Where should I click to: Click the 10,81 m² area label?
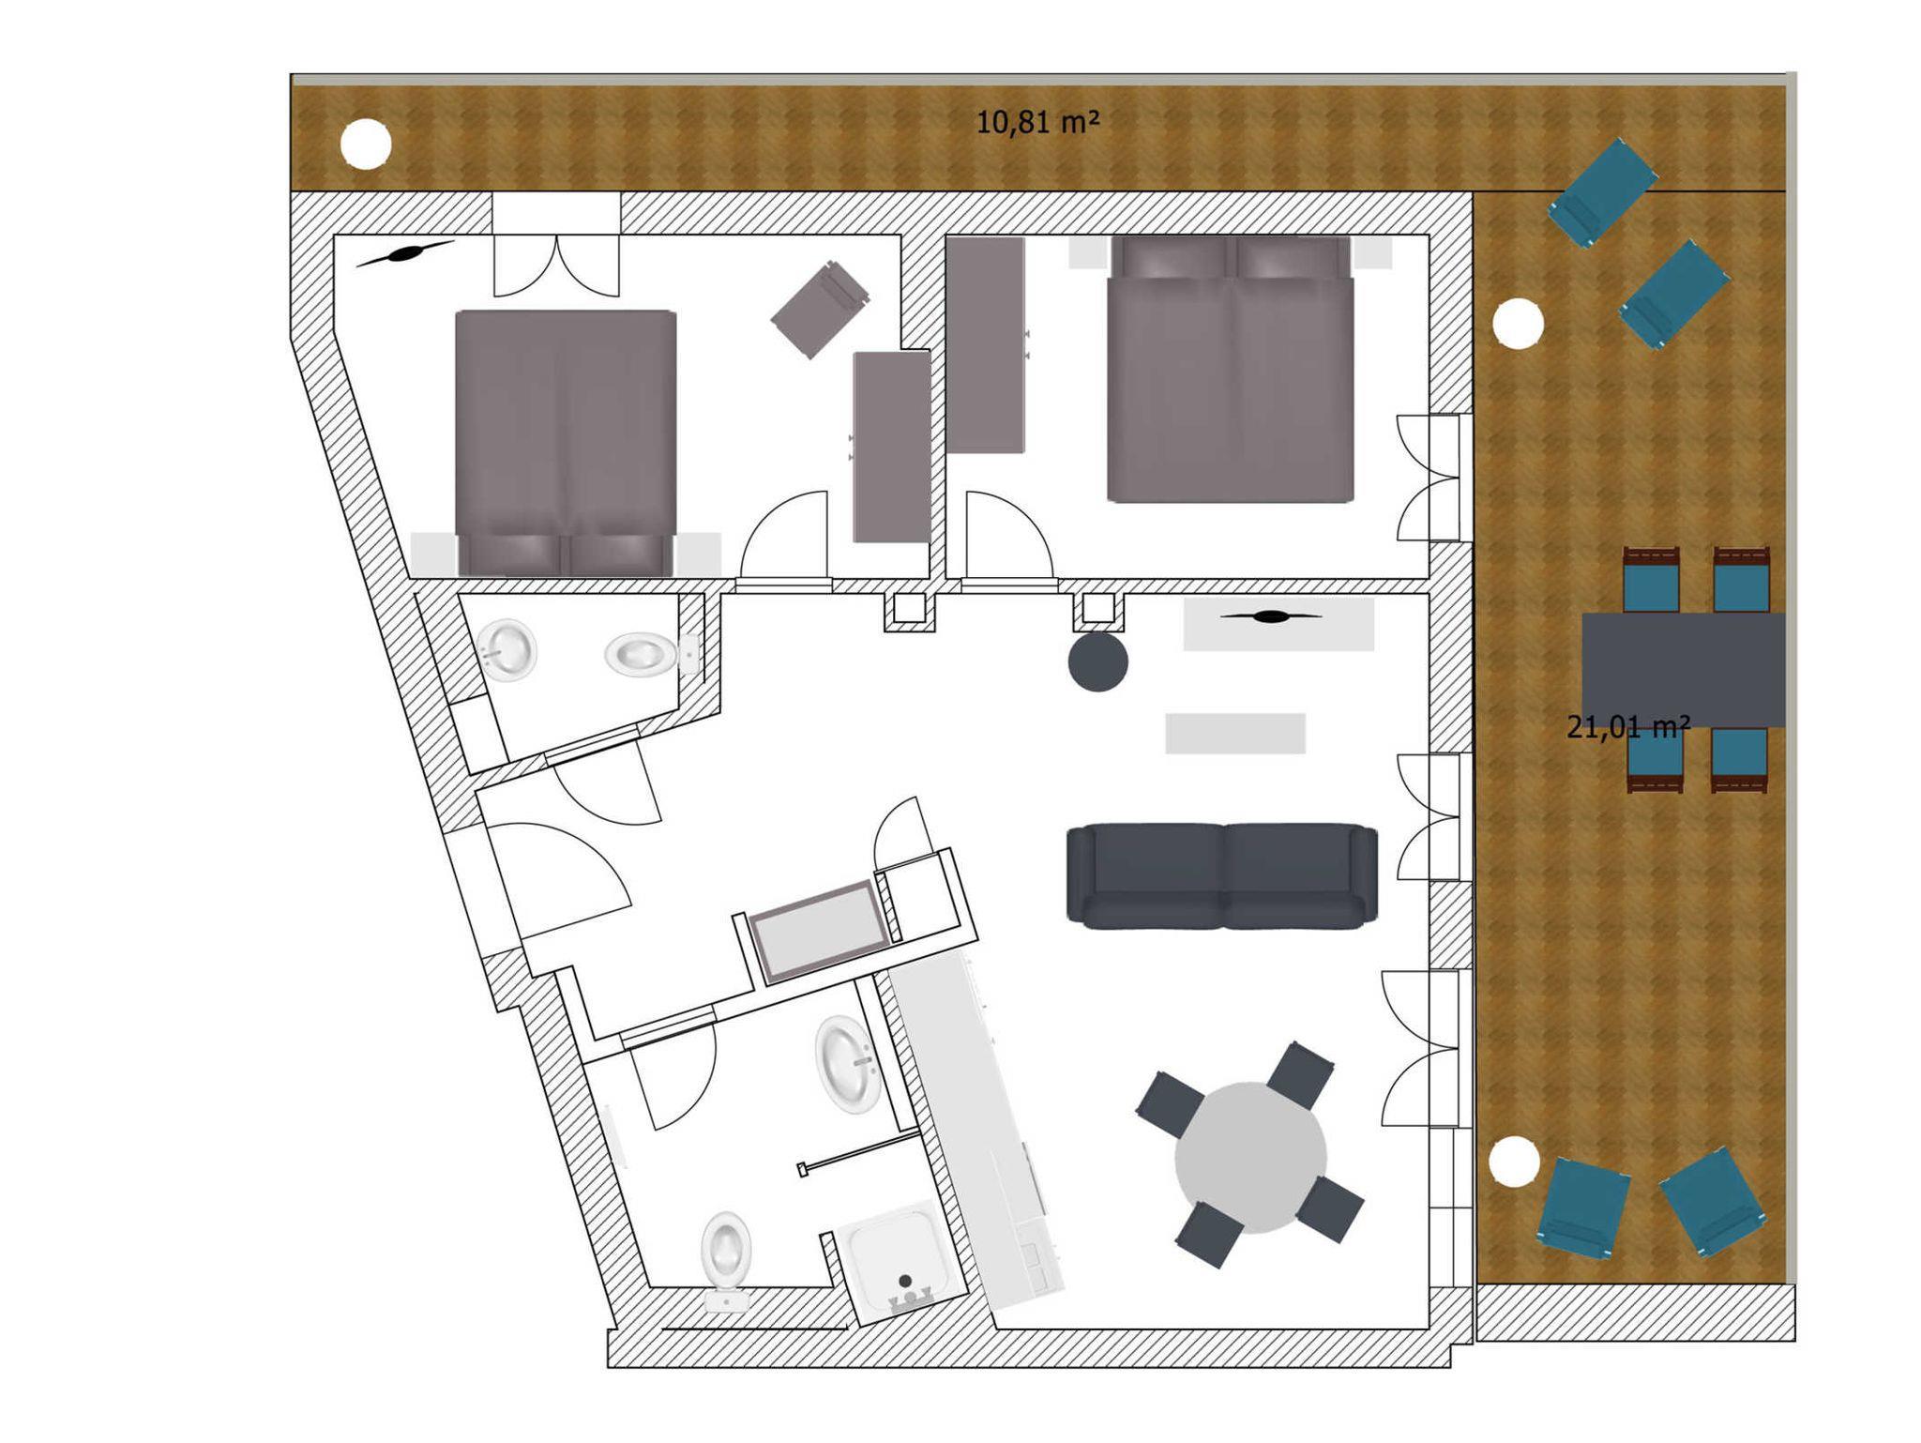point(1037,122)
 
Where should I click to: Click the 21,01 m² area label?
point(1628,726)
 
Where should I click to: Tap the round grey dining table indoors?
point(1250,1157)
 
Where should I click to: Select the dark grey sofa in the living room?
point(1222,876)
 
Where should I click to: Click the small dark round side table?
point(1097,661)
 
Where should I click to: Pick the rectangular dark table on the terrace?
point(1683,669)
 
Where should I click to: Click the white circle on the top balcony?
point(365,144)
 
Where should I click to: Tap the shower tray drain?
point(905,1280)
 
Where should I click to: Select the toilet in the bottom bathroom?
point(726,1260)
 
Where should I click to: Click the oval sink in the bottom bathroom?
point(849,1064)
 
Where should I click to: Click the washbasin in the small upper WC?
point(507,648)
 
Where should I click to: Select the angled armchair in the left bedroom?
point(820,309)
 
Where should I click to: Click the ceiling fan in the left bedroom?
point(405,253)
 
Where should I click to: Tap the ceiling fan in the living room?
point(1271,616)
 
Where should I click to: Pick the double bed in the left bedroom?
point(566,443)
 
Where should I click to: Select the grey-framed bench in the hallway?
point(819,932)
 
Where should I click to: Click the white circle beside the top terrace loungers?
point(1517,325)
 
